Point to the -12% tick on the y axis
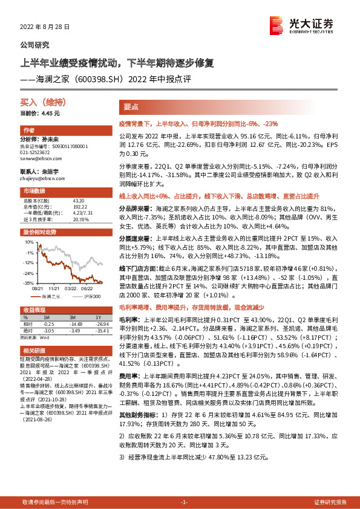pyautogui.click(x=28, y=263)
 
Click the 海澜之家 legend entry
pyautogui.click(x=48, y=297)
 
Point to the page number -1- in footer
pyautogui.click(x=184, y=502)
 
